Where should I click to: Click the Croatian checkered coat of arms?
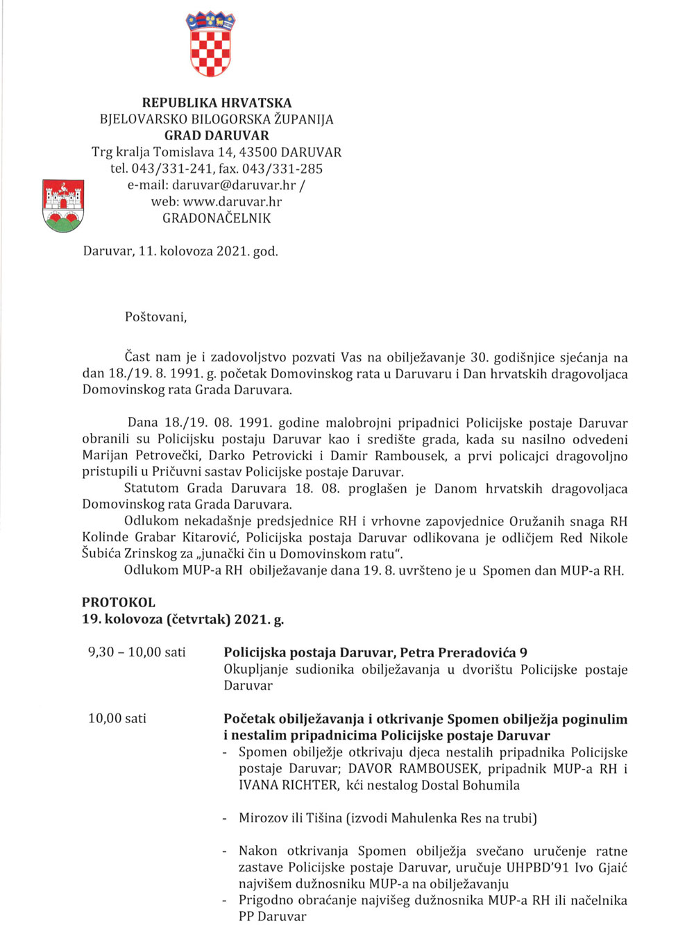point(210,45)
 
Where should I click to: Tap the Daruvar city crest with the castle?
point(63,205)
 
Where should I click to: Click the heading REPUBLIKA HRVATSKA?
point(217,103)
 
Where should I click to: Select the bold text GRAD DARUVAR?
point(217,136)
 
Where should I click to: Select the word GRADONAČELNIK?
point(217,219)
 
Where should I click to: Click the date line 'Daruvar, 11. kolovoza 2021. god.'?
point(180,251)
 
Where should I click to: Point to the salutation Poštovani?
point(155,317)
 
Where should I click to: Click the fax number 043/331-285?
point(282,169)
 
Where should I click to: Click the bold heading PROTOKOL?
point(119,602)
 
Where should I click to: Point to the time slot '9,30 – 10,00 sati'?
point(137,652)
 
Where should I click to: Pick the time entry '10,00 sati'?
point(117,718)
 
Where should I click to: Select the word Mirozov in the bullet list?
point(264,818)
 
